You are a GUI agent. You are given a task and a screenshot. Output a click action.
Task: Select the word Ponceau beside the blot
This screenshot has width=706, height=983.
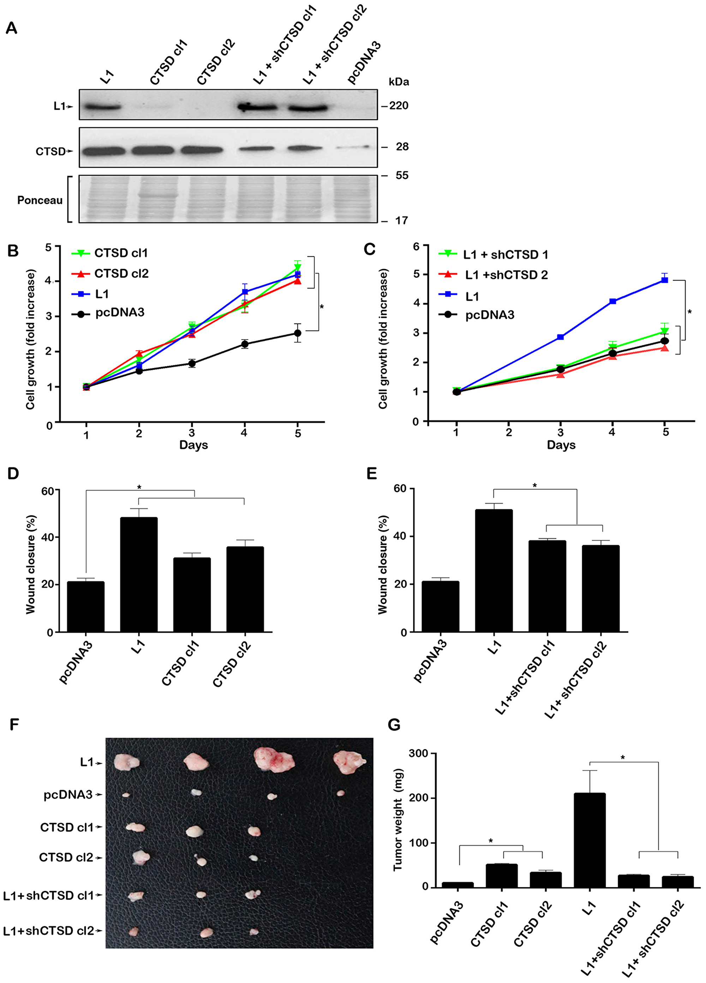[40, 200]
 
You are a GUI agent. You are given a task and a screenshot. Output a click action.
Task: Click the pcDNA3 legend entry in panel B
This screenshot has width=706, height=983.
[120, 312]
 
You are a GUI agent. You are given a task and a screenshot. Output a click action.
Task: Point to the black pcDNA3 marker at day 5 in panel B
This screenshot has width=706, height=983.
[297, 333]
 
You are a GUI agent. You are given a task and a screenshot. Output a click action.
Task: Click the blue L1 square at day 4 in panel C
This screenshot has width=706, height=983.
[612, 301]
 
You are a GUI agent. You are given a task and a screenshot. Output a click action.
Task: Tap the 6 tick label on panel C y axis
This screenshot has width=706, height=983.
[416, 246]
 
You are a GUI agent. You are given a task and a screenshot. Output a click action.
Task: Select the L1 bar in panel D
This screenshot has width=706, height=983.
[139, 574]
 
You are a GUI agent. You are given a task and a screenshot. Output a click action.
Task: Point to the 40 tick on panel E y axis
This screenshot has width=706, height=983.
[401, 536]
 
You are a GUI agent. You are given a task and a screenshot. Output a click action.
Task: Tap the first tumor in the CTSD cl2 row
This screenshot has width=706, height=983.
[141, 857]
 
